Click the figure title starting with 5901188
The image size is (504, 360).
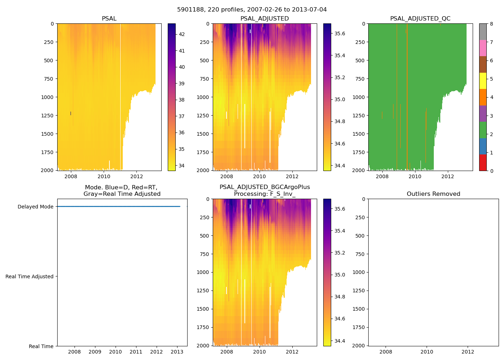pos(252,10)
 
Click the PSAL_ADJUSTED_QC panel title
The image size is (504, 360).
pos(420,19)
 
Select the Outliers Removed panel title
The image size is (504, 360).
pos(433,194)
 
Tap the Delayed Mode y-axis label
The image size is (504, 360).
pos(35,207)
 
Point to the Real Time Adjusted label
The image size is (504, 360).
pos(30,276)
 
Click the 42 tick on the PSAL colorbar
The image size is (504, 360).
pos(182,34)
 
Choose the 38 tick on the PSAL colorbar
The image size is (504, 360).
pos(182,100)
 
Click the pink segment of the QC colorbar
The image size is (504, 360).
pos(483,48)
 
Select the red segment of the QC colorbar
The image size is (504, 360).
pos(483,162)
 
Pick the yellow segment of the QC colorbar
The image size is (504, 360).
pos(483,81)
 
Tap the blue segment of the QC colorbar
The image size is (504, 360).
pos(483,146)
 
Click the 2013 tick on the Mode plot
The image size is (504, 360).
pos(177,352)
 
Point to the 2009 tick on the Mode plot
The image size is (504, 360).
pos(95,352)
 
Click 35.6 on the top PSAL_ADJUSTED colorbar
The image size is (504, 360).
pos(340,33)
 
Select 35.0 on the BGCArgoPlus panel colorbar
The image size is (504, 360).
pos(340,275)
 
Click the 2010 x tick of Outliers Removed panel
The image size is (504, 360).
pos(427,352)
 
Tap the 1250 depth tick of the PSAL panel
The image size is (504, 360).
pos(48,116)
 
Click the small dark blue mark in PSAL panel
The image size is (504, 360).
pos(71,113)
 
